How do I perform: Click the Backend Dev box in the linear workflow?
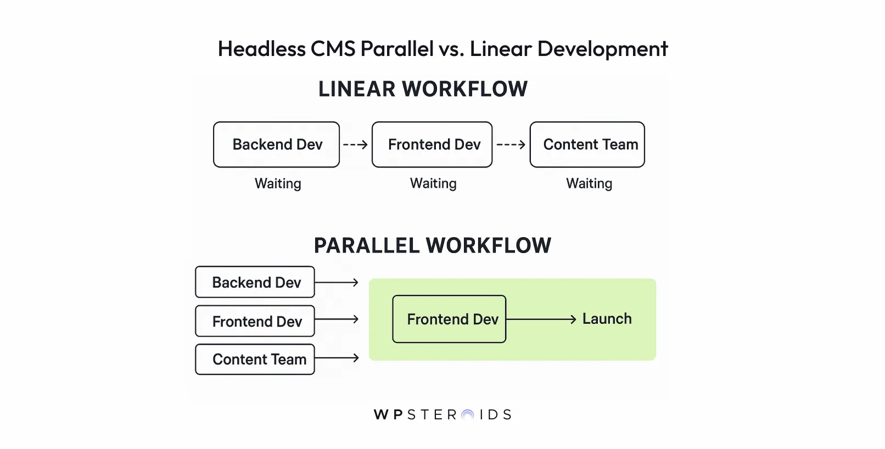coord(276,144)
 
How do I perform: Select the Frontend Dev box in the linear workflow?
coord(432,144)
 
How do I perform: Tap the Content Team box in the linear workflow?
coord(587,144)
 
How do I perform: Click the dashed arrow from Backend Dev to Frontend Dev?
coord(355,144)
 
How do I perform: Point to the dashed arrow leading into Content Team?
coord(511,144)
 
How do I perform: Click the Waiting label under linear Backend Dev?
coord(278,183)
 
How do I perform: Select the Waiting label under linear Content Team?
coord(589,183)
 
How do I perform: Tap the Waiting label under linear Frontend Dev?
coord(433,183)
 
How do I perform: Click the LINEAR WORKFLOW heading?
coord(423,89)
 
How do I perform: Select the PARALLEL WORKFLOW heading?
coord(432,245)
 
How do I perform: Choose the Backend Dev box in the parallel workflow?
coord(255,282)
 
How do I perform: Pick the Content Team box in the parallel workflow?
coord(255,360)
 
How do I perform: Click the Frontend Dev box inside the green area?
coord(449,319)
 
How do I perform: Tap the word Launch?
coord(607,319)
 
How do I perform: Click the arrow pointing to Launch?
coord(541,319)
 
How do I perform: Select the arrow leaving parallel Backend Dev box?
coord(337,282)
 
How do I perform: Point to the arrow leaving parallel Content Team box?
coord(337,358)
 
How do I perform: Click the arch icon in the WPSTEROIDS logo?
coord(468,415)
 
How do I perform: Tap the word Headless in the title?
coord(262,49)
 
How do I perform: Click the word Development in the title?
coord(602,49)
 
